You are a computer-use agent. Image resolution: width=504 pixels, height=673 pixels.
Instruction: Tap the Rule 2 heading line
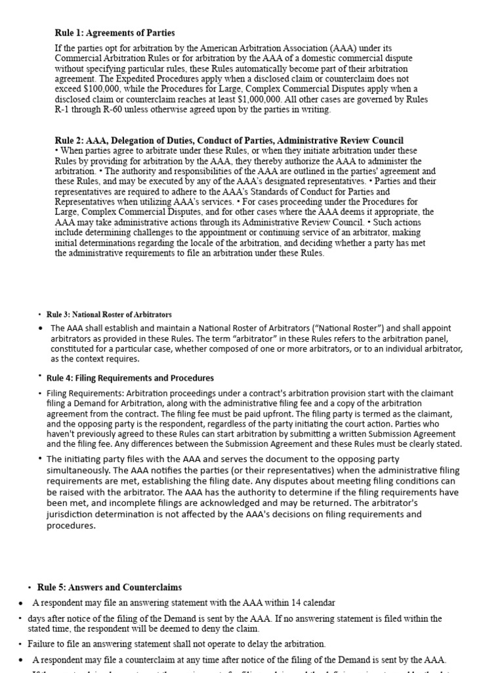[229, 141]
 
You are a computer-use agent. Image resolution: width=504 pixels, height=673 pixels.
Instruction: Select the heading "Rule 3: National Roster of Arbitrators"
[109, 315]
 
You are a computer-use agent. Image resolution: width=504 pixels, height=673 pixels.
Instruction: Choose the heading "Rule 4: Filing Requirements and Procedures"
[130, 378]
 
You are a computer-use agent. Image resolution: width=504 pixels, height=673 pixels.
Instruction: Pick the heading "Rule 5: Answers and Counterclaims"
[110, 587]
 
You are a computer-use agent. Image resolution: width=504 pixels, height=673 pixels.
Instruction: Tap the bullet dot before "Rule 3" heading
[39, 315]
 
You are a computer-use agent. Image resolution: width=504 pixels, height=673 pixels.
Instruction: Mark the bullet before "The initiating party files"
[41, 459]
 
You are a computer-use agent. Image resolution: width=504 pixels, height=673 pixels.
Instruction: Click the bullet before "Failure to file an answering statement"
[20, 644]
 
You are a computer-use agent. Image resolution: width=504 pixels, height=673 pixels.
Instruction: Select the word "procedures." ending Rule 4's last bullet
[72, 525]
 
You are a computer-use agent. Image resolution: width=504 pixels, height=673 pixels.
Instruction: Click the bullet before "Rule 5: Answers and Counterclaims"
[30, 588]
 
